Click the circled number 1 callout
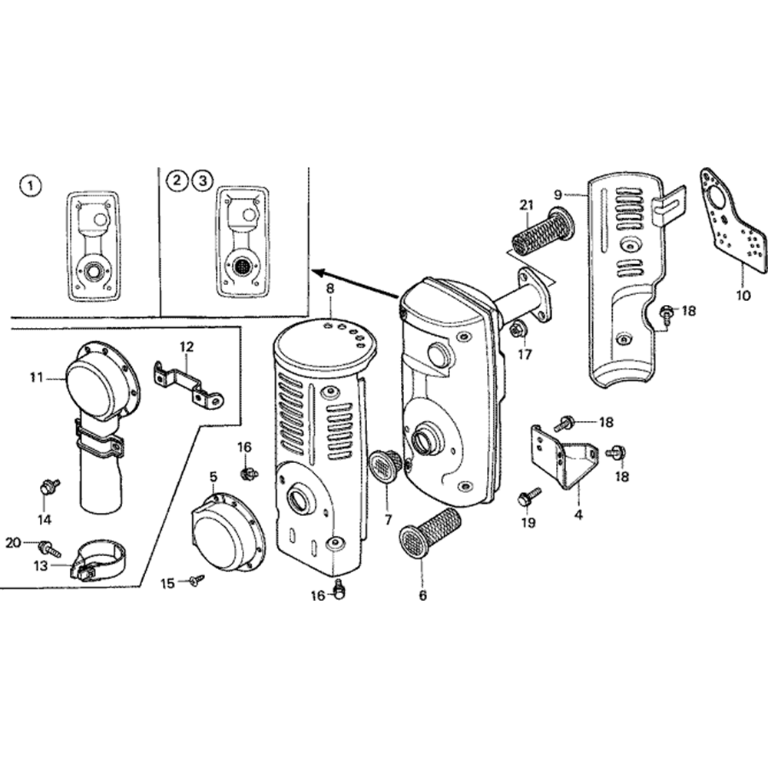coord(29,184)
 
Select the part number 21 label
coord(526,204)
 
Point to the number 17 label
coord(524,355)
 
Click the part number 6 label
coord(422,594)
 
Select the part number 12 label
coord(187,347)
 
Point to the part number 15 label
coord(167,584)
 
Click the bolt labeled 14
coord(49,487)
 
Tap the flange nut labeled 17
coord(518,330)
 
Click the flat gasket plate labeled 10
coord(733,220)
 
